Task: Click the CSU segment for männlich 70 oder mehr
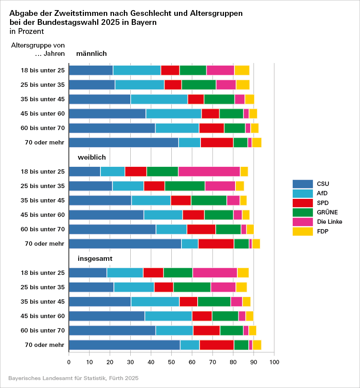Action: click(x=123, y=143)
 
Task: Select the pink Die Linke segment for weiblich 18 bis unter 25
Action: click(x=209, y=171)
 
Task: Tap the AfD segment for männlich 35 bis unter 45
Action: click(x=159, y=99)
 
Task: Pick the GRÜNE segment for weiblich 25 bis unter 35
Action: click(x=185, y=186)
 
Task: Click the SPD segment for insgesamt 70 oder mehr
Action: click(x=217, y=345)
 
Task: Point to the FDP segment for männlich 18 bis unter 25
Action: click(x=242, y=70)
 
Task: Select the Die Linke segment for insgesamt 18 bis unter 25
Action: click(x=215, y=273)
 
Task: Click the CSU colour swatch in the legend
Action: click(x=302, y=184)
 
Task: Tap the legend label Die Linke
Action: click(x=330, y=222)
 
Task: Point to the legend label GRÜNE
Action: click(x=328, y=212)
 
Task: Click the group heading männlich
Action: click(x=91, y=54)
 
